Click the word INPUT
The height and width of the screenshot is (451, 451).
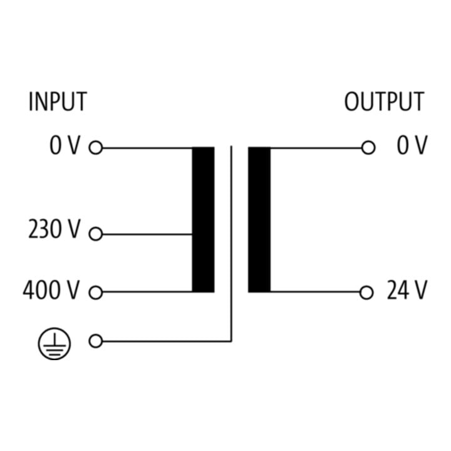[58, 101]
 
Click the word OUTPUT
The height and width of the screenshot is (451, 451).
[384, 101]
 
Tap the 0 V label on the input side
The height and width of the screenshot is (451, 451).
[65, 145]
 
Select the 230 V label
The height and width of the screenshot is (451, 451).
[54, 229]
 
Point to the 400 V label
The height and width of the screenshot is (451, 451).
[51, 290]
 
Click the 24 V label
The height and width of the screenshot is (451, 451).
[407, 290]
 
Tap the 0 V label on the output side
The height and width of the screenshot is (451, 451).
[412, 145]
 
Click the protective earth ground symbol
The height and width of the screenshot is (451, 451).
[54, 344]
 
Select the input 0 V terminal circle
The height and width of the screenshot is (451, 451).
[96, 148]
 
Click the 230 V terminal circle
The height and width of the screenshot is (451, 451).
[96, 234]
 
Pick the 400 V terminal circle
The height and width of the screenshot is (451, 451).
[96, 293]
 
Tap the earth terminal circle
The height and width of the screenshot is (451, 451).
[96, 341]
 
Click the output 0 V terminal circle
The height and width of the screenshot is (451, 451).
[368, 148]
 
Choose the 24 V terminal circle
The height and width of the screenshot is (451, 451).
[366, 293]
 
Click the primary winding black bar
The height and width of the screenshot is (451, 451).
[203, 220]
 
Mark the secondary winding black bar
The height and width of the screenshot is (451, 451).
[259, 220]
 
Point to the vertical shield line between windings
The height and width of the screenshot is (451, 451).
[231, 244]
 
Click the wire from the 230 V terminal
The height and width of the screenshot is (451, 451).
[147, 234]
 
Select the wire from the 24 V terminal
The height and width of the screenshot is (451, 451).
[315, 292]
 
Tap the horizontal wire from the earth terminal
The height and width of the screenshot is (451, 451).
[167, 341]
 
